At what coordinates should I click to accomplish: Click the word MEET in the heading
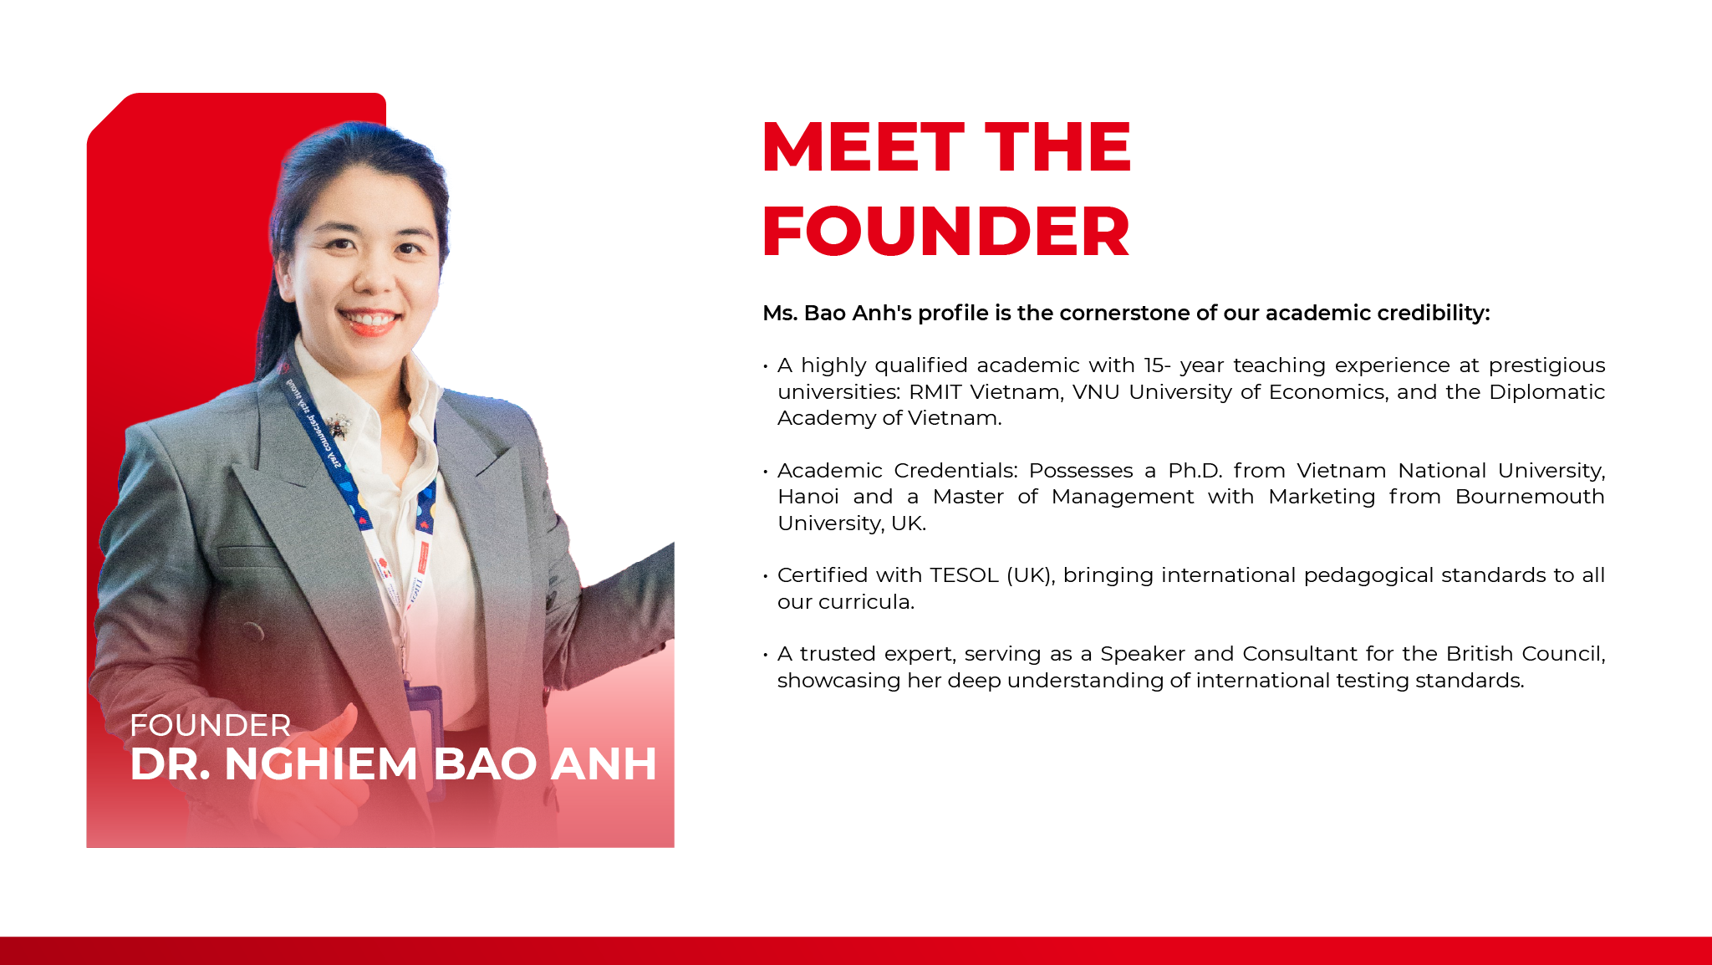pyautogui.click(x=864, y=147)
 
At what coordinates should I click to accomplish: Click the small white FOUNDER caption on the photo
pyautogui.click(x=211, y=725)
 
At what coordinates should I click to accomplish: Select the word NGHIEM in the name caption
pyautogui.click(x=321, y=763)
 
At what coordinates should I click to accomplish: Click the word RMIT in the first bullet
pyautogui.click(x=935, y=392)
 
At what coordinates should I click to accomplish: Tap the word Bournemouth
pyautogui.click(x=1530, y=497)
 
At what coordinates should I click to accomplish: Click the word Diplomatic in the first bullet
pyautogui.click(x=1547, y=392)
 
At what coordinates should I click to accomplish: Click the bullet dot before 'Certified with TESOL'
pyautogui.click(x=766, y=576)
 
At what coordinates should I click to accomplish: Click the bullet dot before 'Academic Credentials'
pyautogui.click(x=766, y=472)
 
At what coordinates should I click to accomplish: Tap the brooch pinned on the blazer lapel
pyautogui.click(x=338, y=426)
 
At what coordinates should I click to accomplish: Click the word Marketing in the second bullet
pyautogui.click(x=1322, y=498)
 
